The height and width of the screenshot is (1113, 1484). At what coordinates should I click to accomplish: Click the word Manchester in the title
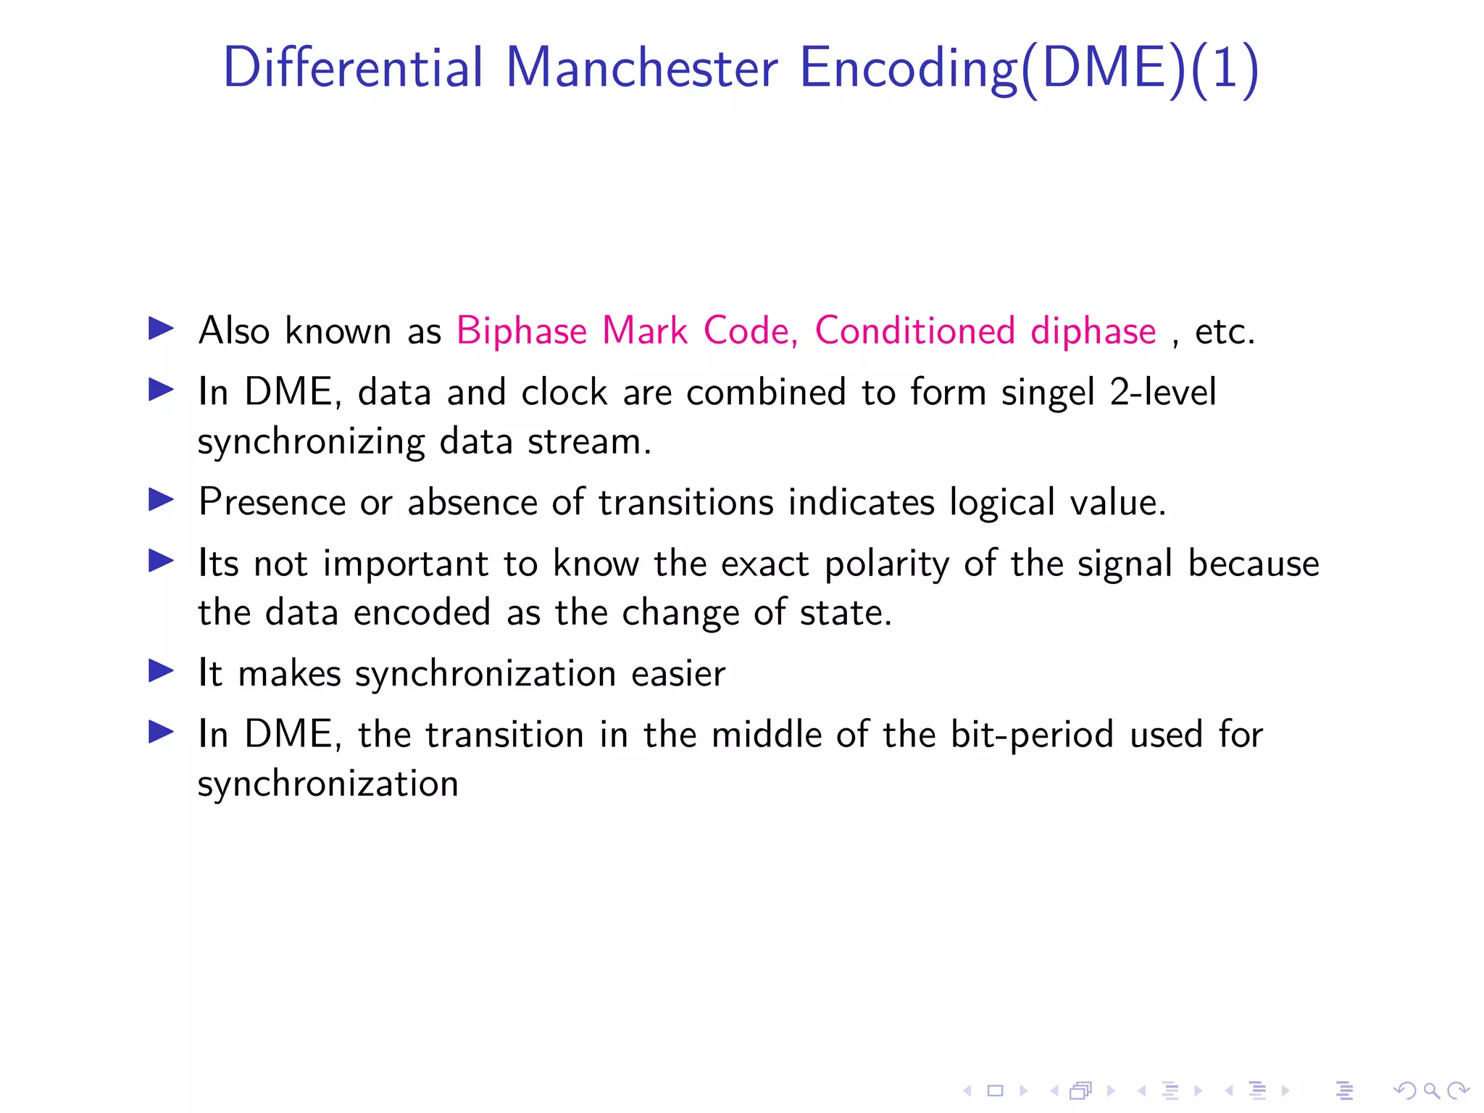[x=641, y=67]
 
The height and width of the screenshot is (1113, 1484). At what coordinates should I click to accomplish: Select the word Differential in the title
[x=353, y=67]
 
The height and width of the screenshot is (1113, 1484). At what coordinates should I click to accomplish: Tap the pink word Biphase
[x=521, y=331]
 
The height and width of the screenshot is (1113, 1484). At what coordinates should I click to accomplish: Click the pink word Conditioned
[x=914, y=331]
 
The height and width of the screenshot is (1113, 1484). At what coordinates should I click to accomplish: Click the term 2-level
[x=1163, y=392]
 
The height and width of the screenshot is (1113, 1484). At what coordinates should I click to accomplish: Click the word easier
[x=678, y=674]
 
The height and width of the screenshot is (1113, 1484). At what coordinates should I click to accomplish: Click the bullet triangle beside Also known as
[x=161, y=328]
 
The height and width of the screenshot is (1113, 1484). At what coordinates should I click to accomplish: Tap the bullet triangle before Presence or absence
[x=161, y=499]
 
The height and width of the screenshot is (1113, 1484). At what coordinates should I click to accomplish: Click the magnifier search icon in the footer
[x=1431, y=1091]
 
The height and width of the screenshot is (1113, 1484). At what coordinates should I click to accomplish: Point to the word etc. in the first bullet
[x=1225, y=332]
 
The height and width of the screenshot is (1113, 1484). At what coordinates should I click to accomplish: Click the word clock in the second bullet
[x=564, y=392]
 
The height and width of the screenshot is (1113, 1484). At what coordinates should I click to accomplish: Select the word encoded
[x=422, y=613]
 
